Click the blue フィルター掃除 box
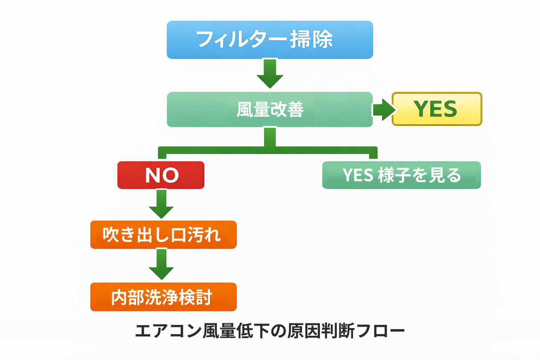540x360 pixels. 270,40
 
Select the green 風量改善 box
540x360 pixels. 270,109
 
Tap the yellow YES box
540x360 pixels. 437,109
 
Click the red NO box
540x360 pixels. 161,175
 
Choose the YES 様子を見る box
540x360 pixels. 401,175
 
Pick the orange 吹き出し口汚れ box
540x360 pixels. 163,235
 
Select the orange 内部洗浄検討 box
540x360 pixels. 163,297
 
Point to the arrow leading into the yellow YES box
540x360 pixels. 383,109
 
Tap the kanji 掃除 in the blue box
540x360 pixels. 311,39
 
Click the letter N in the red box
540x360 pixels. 153,175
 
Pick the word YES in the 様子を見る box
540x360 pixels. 358,175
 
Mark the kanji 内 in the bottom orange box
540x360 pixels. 119,297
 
